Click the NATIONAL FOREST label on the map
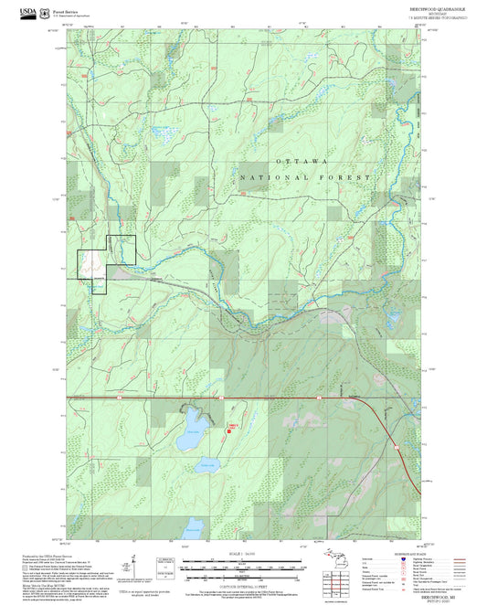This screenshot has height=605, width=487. [x=306, y=176]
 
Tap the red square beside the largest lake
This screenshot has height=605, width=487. [x=231, y=429]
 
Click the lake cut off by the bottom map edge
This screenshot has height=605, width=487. [x=193, y=527]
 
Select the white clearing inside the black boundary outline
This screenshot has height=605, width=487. [x=90, y=265]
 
